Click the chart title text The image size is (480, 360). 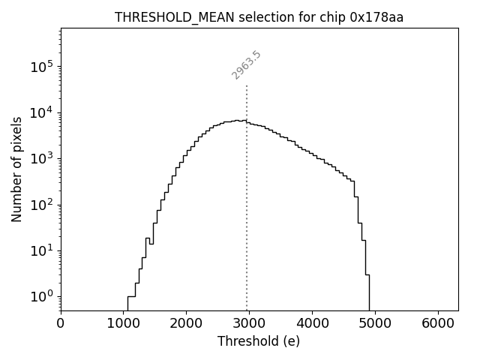point(259,17)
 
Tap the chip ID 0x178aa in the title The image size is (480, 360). point(376,17)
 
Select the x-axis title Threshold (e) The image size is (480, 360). point(259,341)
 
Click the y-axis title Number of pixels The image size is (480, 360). point(17,169)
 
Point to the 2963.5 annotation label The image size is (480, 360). point(246,65)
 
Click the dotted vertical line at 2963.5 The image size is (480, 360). point(247,187)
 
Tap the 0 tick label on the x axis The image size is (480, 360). point(61,324)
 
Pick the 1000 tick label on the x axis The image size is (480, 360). point(123,324)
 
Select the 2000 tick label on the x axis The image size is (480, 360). point(186,324)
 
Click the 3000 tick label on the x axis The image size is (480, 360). point(248,324)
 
